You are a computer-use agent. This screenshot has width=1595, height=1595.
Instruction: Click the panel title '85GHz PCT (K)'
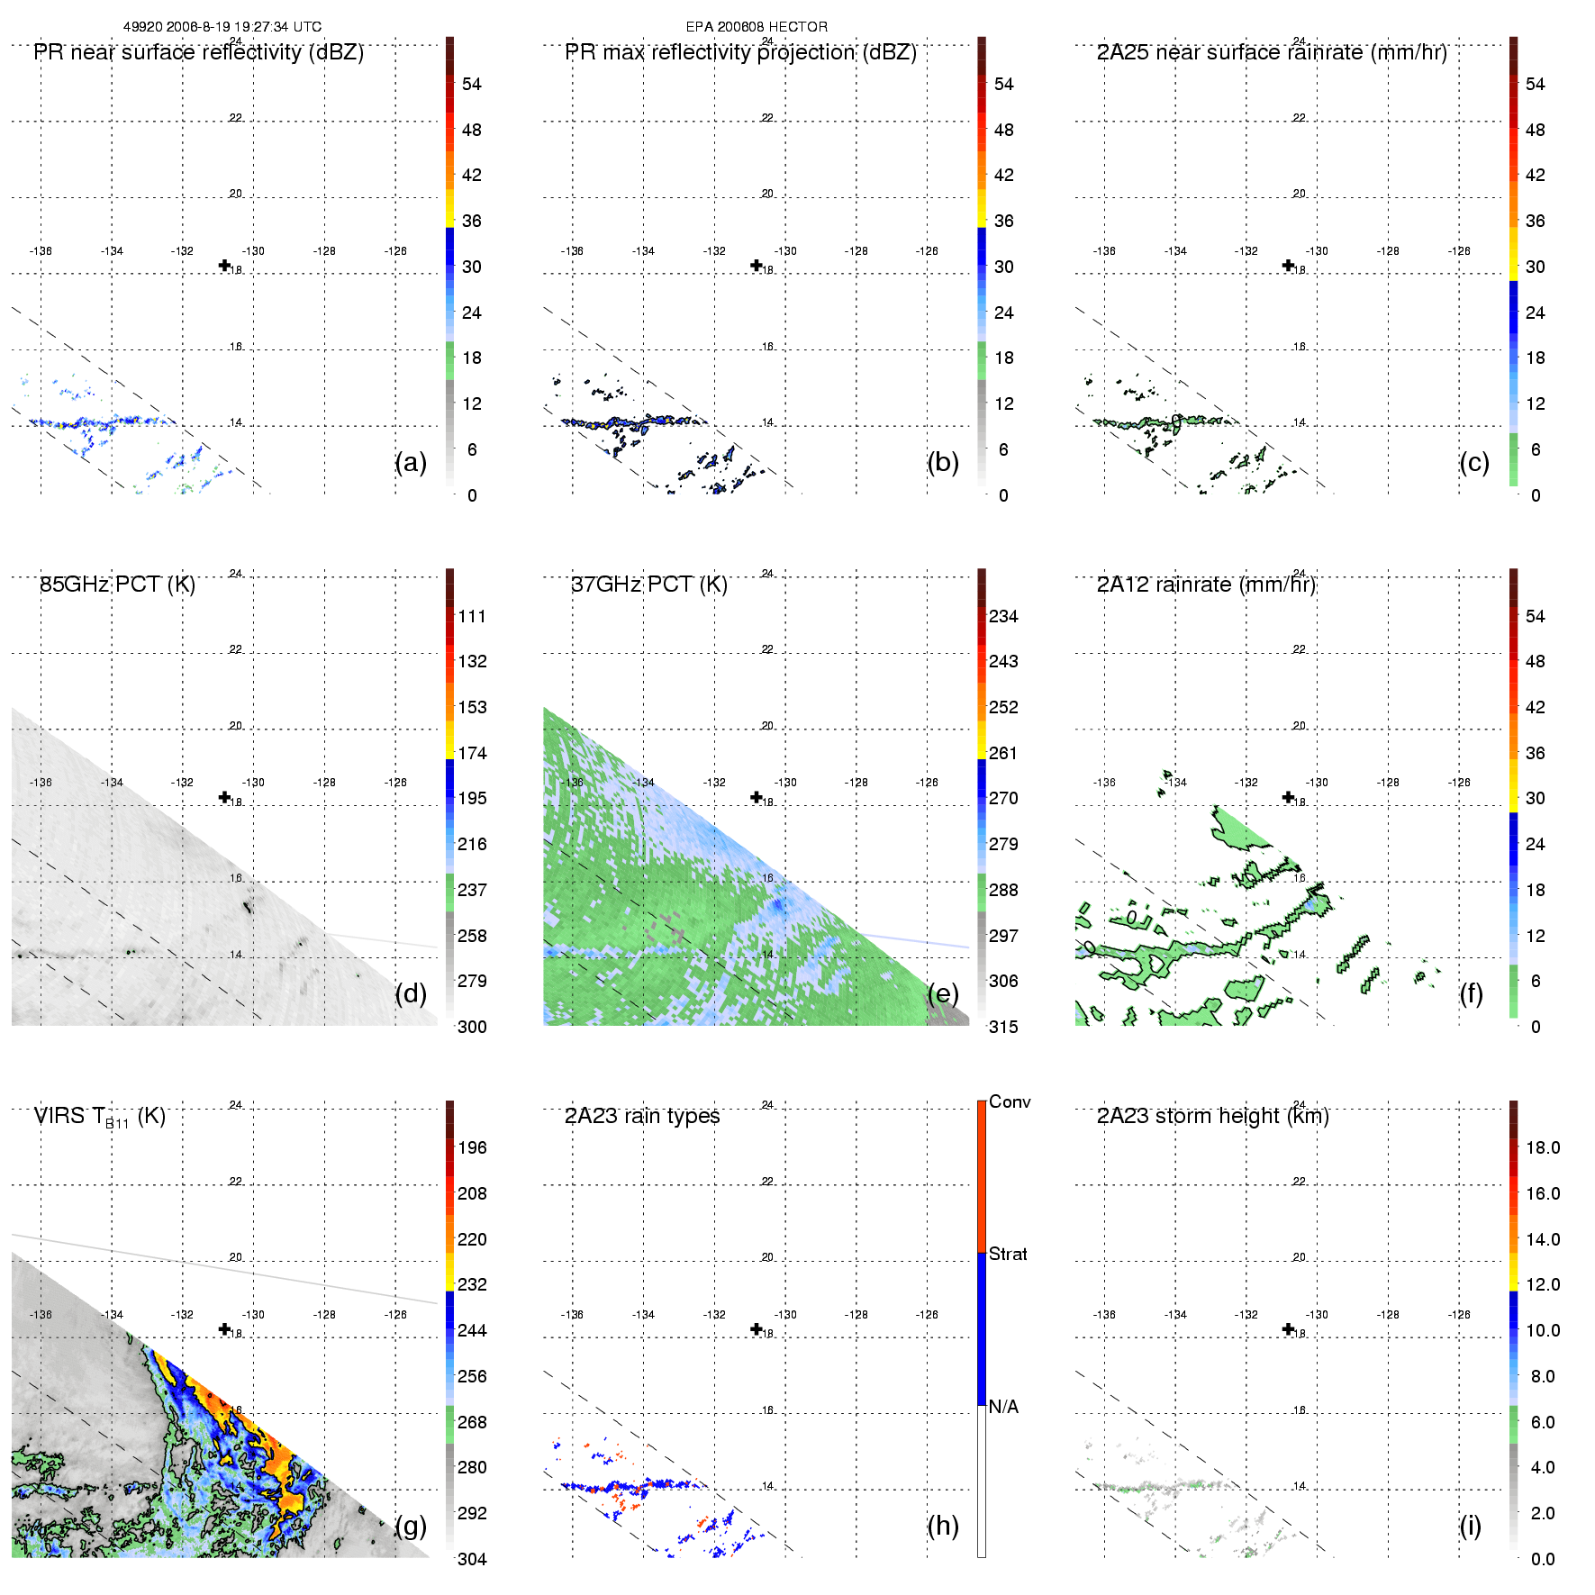click(117, 585)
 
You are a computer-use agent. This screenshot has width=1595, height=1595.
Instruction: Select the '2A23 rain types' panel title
click(642, 1116)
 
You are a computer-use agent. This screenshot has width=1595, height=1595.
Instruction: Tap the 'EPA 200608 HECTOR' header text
click(757, 27)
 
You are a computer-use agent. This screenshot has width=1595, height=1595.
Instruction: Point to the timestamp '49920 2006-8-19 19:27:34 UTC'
click(222, 27)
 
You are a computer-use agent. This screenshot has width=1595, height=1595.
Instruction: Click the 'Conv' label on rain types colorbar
click(1010, 1101)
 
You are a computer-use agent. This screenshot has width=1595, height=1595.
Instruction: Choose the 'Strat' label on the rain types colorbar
click(1008, 1254)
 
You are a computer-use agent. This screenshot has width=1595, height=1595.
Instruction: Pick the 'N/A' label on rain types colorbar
click(1003, 1407)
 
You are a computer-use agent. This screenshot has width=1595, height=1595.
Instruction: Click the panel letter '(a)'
click(411, 462)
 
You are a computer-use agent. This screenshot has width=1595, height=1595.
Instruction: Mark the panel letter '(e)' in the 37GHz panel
click(943, 993)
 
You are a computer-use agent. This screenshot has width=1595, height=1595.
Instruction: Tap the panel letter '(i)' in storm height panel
click(1471, 1526)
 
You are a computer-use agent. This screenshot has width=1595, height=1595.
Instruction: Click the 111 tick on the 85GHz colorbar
click(472, 616)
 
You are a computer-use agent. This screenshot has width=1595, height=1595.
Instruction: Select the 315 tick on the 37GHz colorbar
click(1003, 1027)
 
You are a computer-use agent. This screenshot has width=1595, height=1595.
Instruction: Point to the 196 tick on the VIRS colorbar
click(472, 1147)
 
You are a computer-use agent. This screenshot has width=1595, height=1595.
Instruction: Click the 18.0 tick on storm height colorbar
click(1543, 1147)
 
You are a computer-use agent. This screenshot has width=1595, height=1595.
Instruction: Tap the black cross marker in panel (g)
click(225, 1329)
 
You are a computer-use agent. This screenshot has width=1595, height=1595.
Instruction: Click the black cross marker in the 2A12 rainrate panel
click(1289, 797)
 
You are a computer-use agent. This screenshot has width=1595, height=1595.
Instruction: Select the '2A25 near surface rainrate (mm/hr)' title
click(1272, 52)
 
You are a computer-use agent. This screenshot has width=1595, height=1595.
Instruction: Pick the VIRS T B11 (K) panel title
click(99, 1117)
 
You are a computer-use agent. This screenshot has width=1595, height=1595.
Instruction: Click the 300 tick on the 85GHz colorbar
click(472, 1027)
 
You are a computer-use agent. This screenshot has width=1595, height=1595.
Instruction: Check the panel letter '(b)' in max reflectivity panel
click(943, 462)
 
